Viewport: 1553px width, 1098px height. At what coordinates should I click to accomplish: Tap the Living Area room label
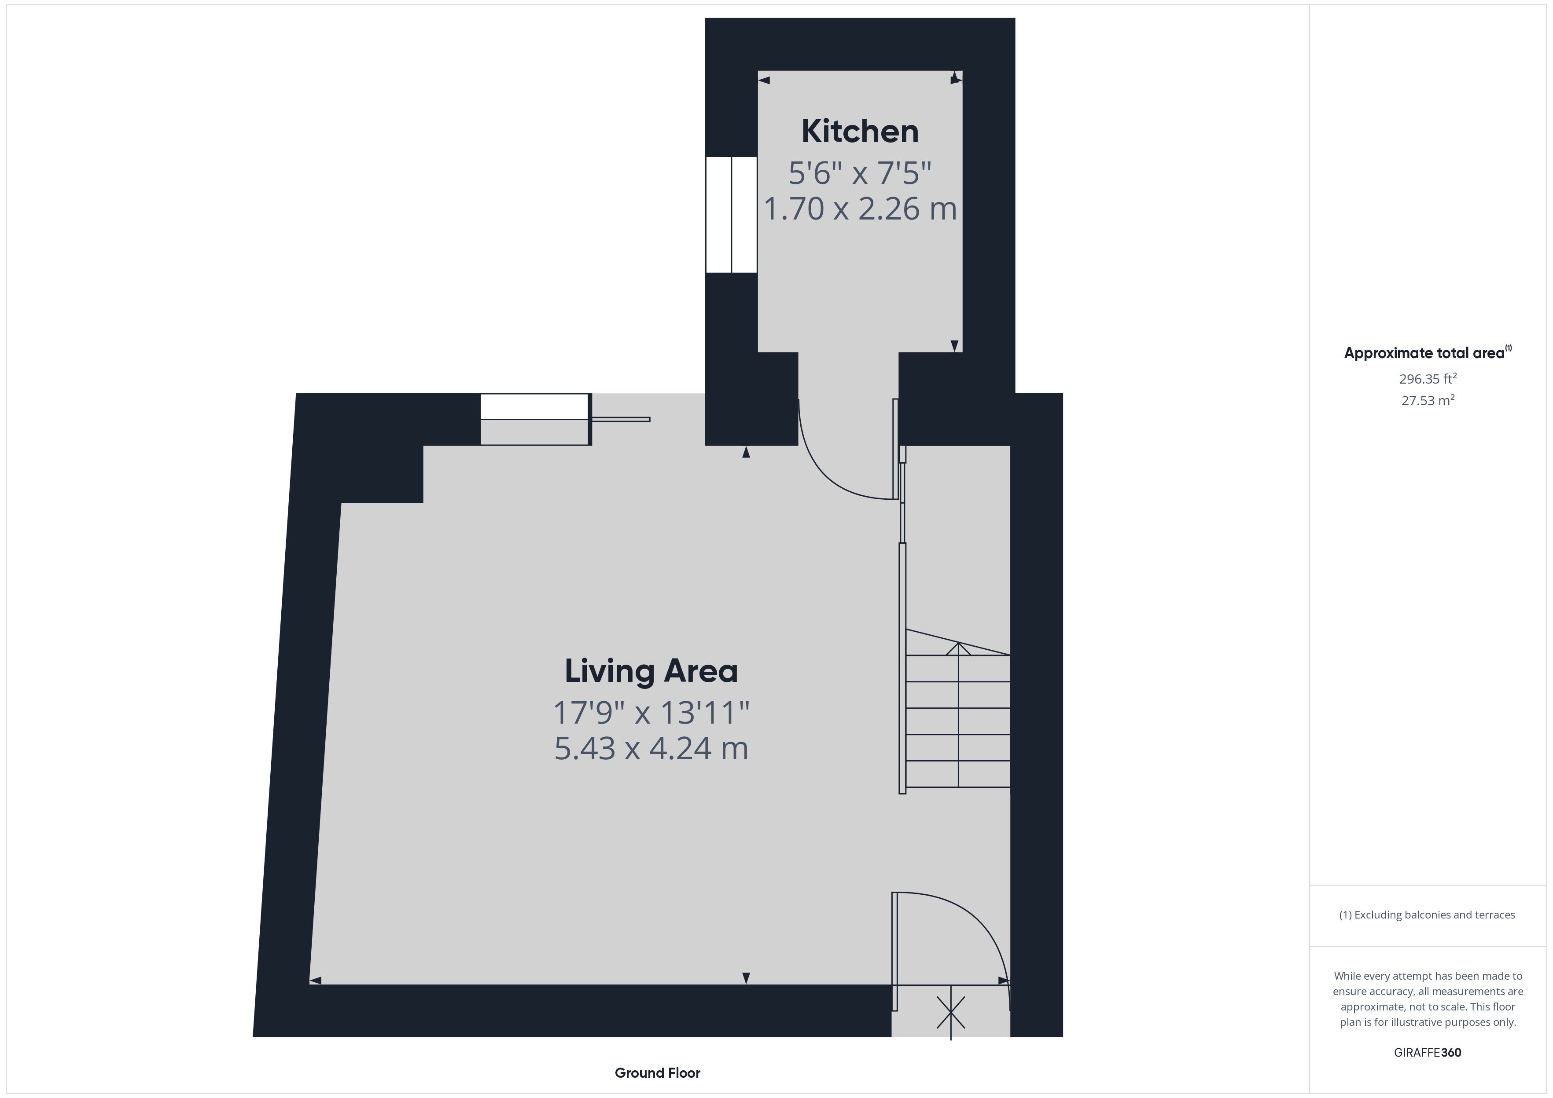[x=651, y=671]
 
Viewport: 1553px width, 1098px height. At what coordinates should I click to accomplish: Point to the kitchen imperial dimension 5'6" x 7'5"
[x=860, y=172]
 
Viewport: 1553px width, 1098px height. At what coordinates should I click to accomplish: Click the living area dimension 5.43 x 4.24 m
[x=651, y=748]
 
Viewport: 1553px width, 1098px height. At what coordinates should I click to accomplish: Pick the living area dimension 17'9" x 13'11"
[x=651, y=713]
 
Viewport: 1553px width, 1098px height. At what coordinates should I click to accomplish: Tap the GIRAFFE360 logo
[x=1427, y=1053]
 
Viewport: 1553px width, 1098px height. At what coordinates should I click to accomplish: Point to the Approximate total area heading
[x=1427, y=352]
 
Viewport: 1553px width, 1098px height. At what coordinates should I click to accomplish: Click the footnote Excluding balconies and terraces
[x=1427, y=915]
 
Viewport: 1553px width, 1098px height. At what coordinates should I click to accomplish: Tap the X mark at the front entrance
[x=951, y=1012]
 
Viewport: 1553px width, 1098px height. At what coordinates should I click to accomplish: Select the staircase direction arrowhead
[x=958, y=648]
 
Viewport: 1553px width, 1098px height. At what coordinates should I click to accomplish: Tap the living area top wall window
[x=535, y=419]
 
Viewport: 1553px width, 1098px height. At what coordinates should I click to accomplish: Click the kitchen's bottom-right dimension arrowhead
[x=954, y=345]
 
